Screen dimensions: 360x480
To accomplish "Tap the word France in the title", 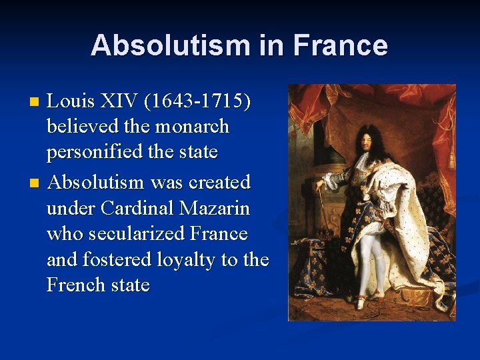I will coord(340,45).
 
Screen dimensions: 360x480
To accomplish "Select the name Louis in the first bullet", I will coord(72,101).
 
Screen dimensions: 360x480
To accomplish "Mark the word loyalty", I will coord(180,259).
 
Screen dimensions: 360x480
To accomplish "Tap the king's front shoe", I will coord(360,304).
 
